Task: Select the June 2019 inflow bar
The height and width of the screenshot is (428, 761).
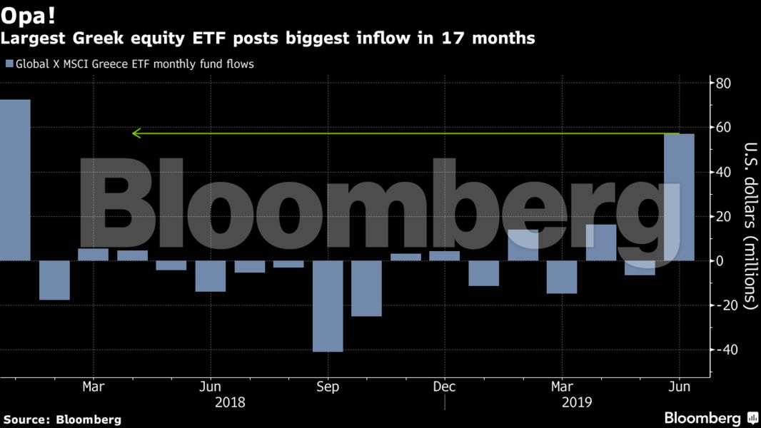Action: click(679, 197)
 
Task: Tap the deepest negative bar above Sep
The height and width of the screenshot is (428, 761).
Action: click(328, 306)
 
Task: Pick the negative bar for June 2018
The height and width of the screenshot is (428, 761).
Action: click(211, 276)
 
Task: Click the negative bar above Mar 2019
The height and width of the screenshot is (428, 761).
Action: click(562, 277)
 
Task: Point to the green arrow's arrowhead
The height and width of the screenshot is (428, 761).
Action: click(136, 133)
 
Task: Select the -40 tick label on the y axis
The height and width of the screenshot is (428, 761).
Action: click(722, 350)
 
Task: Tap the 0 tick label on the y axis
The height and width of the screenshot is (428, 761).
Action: click(719, 261)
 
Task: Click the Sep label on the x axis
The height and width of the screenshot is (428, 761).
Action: click(328, 387)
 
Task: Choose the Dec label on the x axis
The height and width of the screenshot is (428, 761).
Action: click(444, 387)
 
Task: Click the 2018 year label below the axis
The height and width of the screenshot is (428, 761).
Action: click(230, 402)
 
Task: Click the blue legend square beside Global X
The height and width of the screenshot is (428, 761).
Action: click(9, 63)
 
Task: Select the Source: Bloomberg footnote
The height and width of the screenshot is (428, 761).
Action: click(62, 419)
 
